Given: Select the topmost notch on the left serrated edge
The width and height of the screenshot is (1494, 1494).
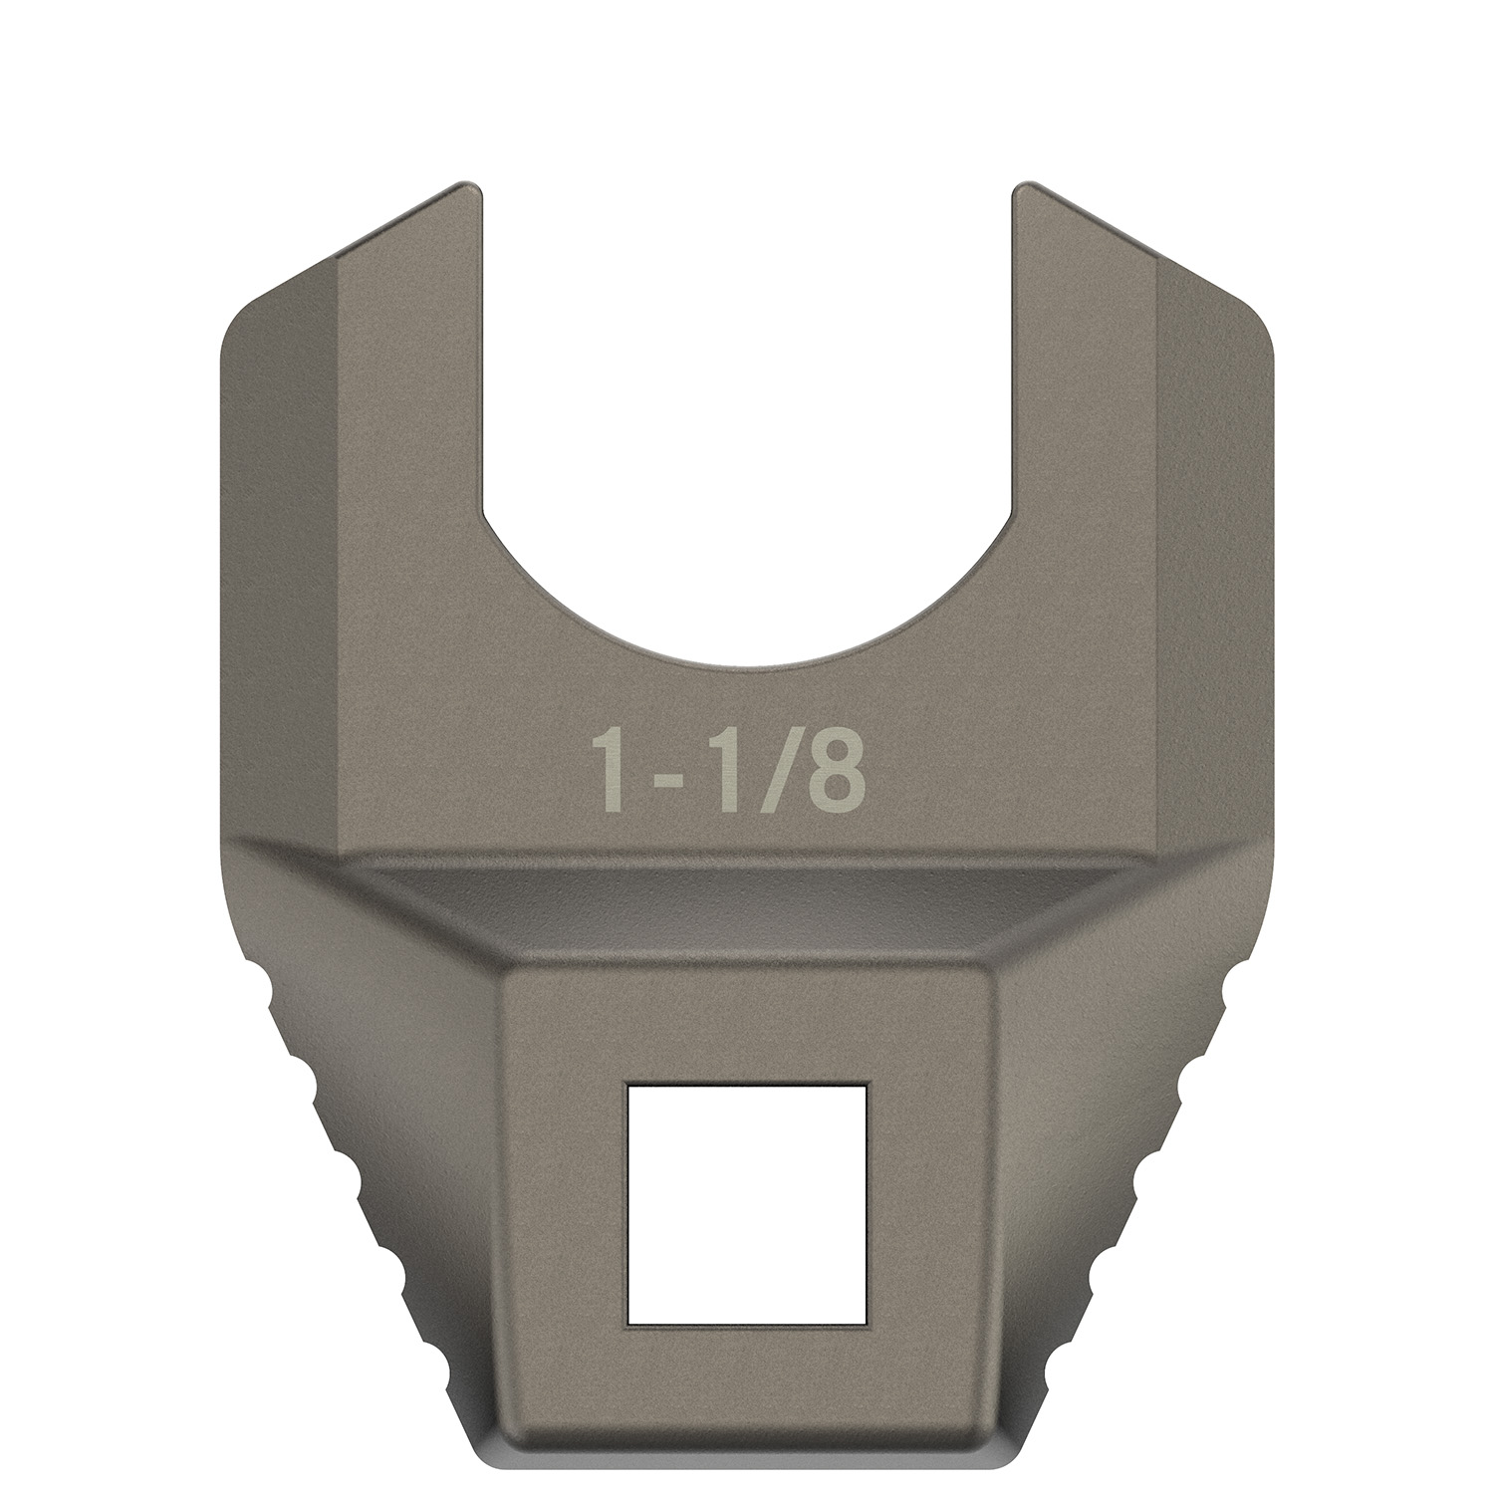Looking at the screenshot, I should (274, 997).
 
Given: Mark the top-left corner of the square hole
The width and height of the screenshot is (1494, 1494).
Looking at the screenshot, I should (628, 1086).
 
